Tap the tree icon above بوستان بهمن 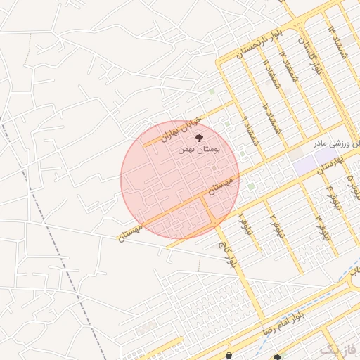click(x=199, y=138)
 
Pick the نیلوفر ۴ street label click(x=330, y=197)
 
